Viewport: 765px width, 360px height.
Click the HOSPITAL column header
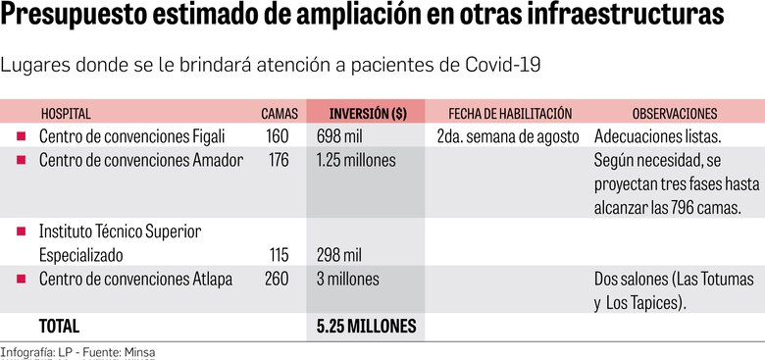coord(67,113)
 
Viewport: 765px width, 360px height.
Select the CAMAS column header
coord(279,113)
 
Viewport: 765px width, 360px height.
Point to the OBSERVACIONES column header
coord(674,113)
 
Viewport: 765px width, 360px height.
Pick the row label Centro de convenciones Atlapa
coord(135,280)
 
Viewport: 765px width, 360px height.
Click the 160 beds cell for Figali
coord(278,135)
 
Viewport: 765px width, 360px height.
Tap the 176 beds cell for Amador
coord(278,160)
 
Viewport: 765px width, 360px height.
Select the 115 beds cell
coord(278,255)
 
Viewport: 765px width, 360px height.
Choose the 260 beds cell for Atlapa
coord(278,280)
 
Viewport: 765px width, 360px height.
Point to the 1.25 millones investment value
coord(356,160)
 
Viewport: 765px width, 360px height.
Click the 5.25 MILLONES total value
coord(366,326)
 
